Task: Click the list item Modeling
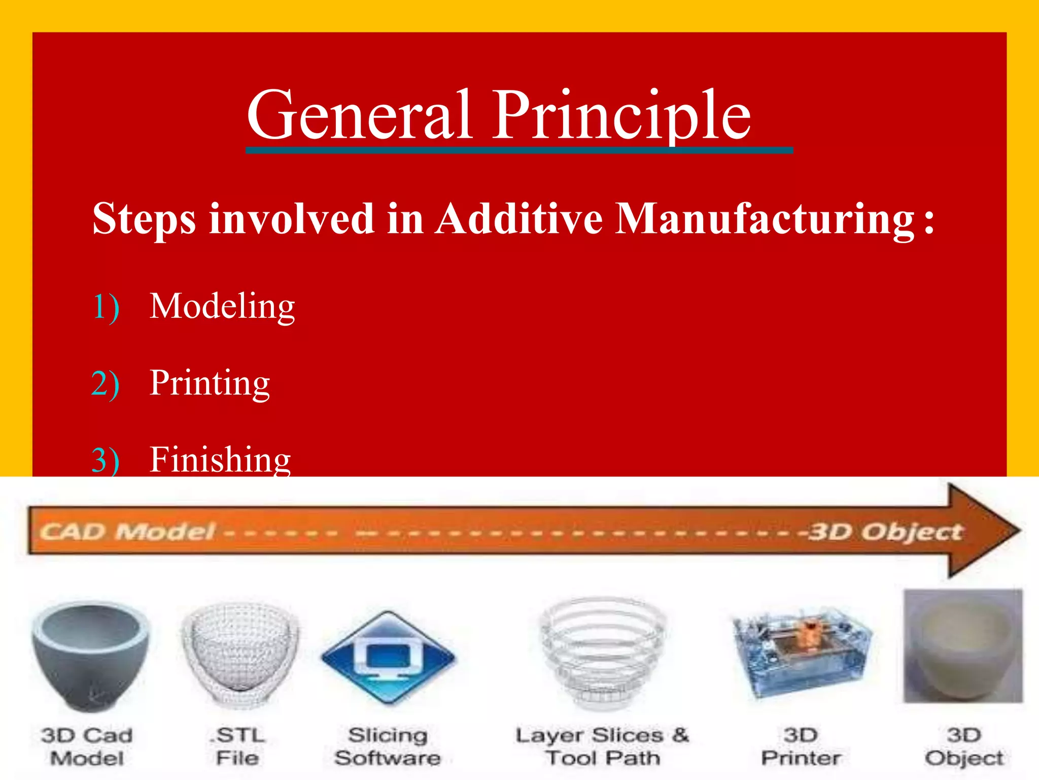[222, 307]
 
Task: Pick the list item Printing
[210, 383]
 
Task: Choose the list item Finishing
[220, 460]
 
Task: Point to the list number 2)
[106, 384]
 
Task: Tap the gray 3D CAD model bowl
[91, 655]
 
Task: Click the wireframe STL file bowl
[240, 655]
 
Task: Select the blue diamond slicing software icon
[388, 658]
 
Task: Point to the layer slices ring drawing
[602, 653]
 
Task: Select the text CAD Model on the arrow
[127, 532]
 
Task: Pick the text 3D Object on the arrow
[885, 532]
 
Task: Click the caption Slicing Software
[388, 746]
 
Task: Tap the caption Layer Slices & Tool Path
[602, 746]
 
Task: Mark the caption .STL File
[238, 746]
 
